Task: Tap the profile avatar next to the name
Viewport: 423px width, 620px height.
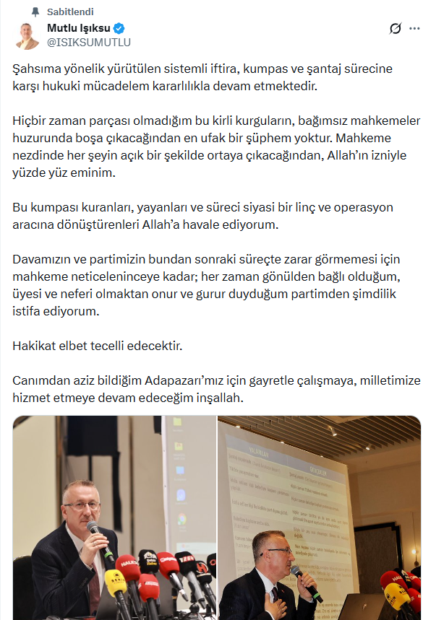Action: tap(27, 35)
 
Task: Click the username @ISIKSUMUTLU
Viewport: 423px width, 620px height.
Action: tap(89, 43)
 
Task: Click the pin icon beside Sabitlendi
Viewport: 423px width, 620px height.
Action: tap(35, 12)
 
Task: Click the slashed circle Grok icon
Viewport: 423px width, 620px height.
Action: tap(395, 29)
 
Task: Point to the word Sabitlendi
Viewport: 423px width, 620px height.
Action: tap(70, 12)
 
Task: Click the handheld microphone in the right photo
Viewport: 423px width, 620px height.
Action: tap(304, 582)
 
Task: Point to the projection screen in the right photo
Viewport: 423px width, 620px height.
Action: tap(289, 491)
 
